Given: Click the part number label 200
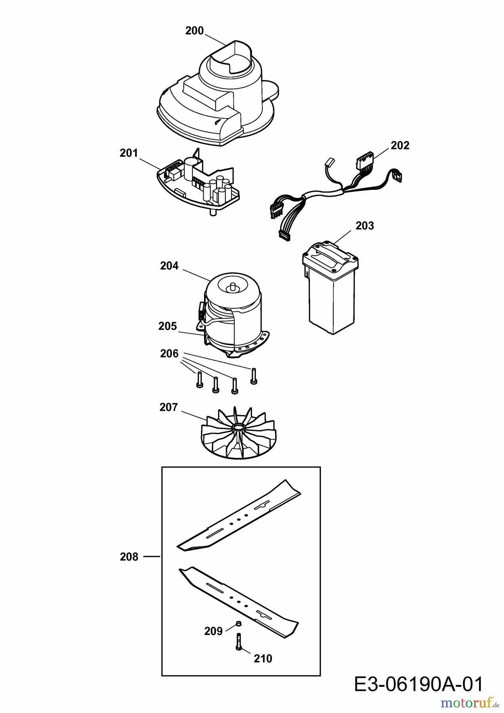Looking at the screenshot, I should coord(194,31).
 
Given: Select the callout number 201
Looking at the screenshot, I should coord(129,153).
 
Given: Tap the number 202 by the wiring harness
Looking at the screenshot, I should coord(400,145).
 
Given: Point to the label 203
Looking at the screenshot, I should coord(365,226).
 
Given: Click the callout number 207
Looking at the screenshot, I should coord(168,407).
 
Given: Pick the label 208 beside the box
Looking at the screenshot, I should coord(129,557).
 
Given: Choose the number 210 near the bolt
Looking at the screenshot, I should coord(263,658).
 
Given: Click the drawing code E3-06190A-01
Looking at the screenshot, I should coord(418,684).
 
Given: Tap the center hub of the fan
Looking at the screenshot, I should coord(239,427).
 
